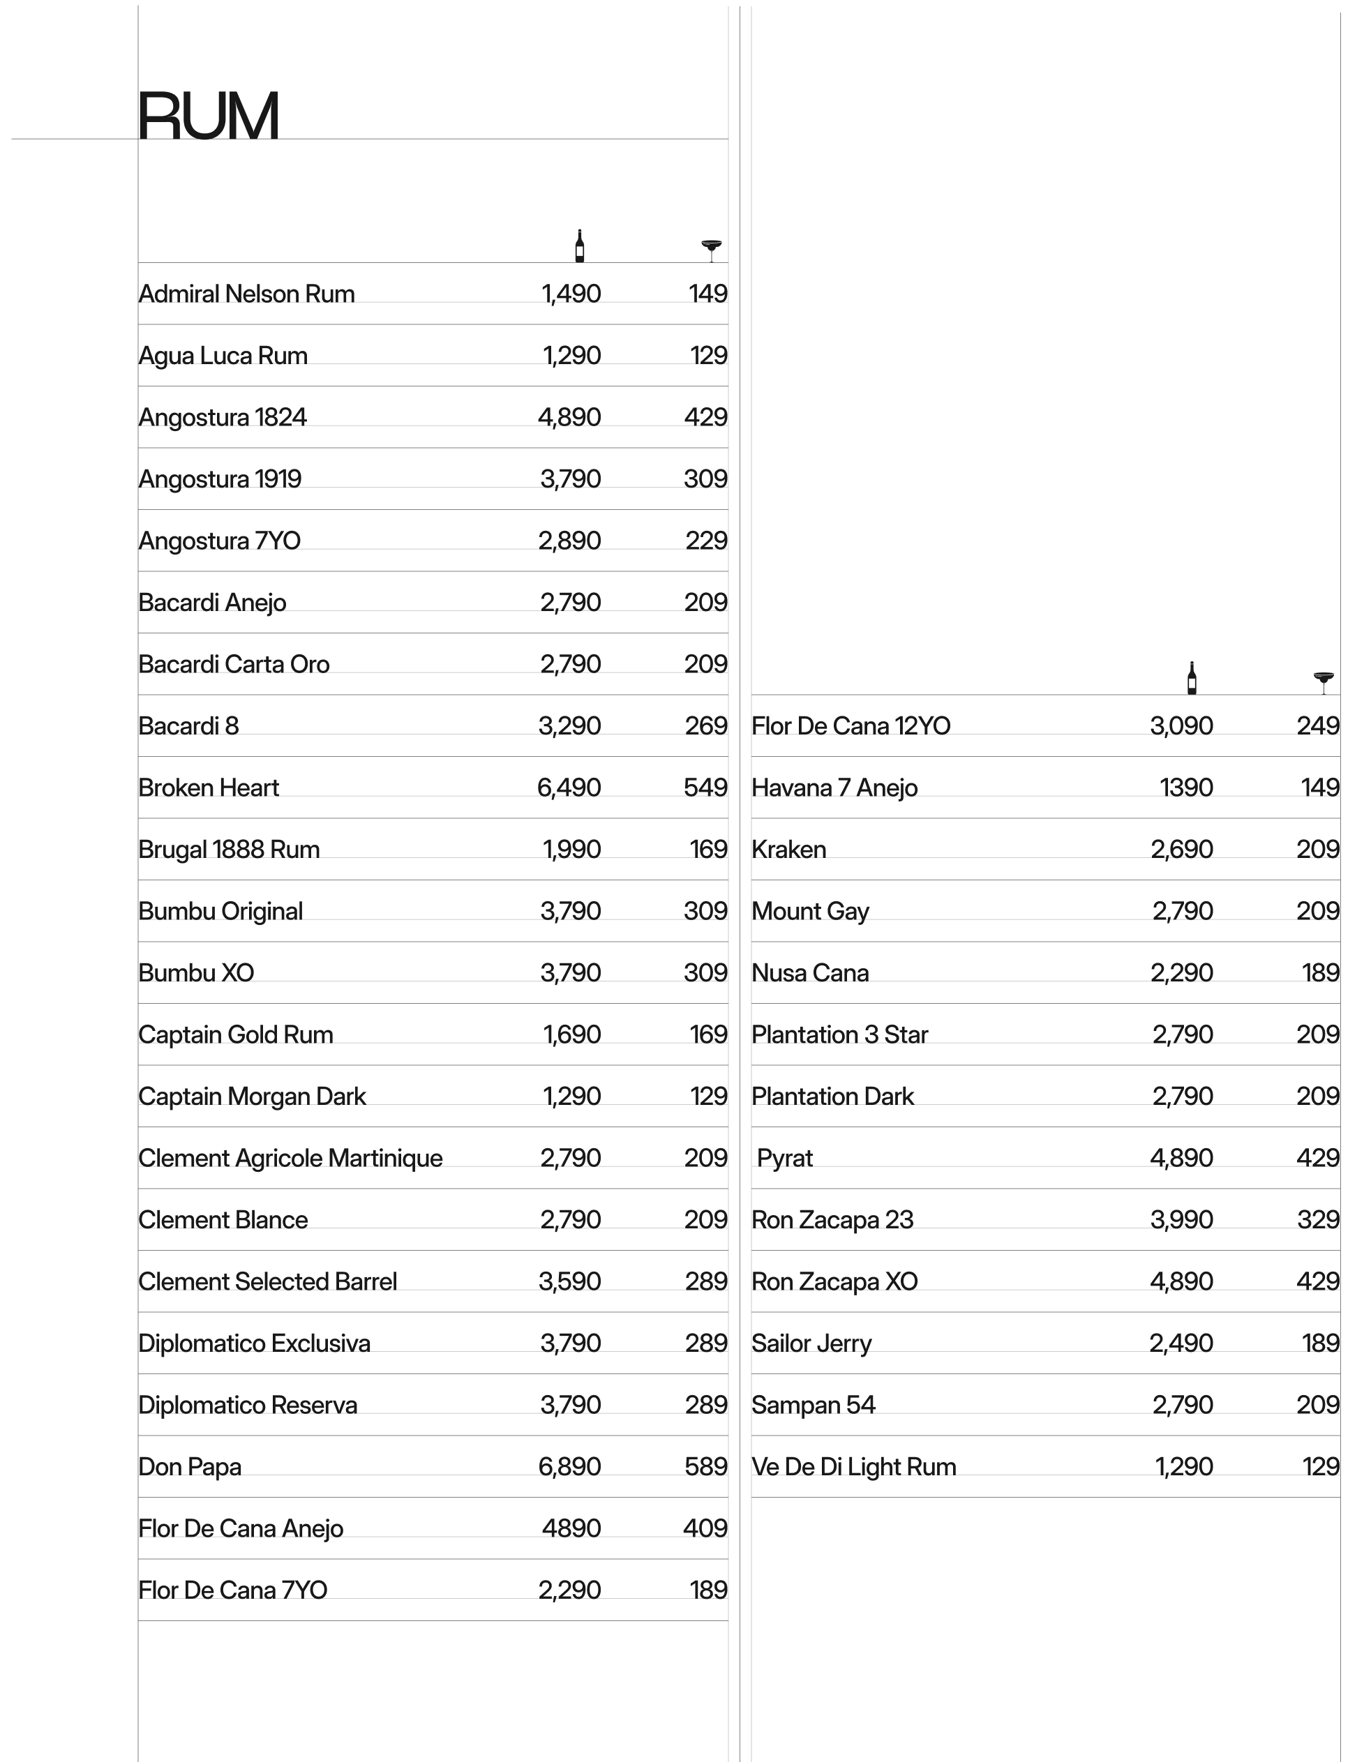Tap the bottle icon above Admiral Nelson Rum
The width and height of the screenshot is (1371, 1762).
579,246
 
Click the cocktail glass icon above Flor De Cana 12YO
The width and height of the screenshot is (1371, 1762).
1324,682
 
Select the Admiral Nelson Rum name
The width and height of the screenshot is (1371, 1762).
246,294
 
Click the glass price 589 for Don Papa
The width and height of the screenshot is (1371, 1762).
705,1467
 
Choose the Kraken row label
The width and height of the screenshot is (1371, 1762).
788,850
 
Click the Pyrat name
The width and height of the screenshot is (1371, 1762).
784,1159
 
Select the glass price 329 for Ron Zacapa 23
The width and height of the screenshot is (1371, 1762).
1318,1220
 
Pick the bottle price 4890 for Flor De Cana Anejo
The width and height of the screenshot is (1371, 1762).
571,1528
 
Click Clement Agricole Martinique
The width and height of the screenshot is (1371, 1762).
290,1159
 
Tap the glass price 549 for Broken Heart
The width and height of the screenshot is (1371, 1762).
705,788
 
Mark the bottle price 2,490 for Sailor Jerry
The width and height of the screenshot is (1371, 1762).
1181,1343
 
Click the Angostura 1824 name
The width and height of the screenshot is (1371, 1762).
223,417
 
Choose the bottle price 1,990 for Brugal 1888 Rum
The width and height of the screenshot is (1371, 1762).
571,850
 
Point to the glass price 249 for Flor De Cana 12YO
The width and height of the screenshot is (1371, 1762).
1318,726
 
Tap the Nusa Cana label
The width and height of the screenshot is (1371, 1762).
809,973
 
